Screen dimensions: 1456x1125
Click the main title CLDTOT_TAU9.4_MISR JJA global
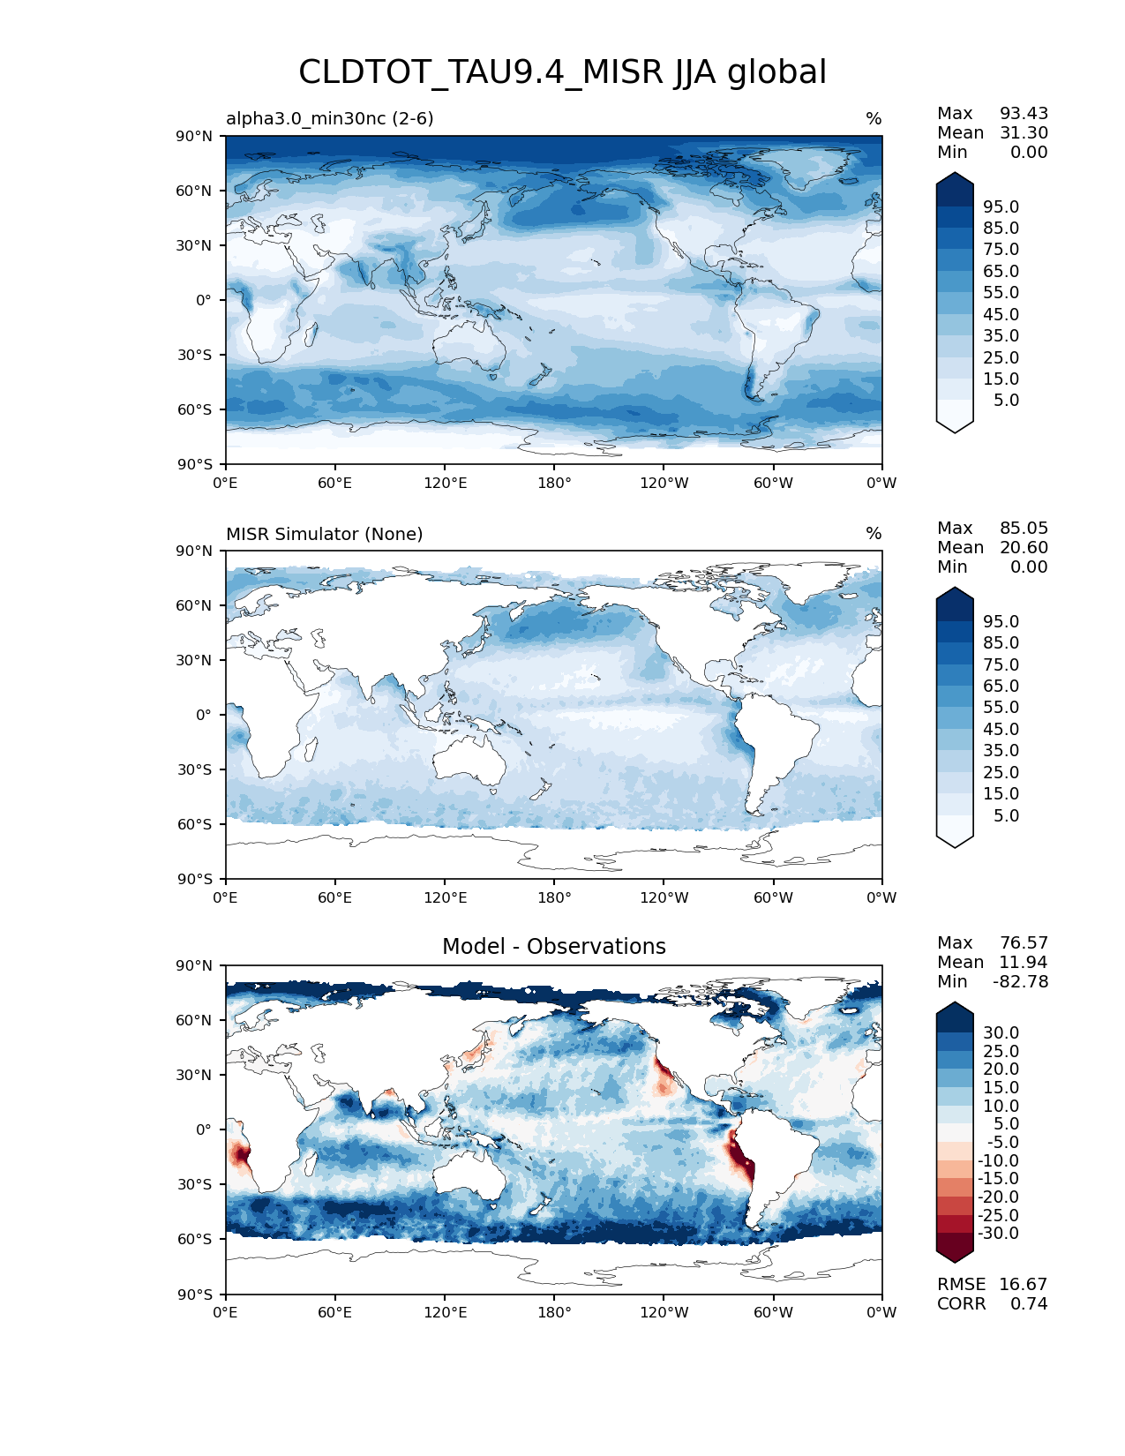562,72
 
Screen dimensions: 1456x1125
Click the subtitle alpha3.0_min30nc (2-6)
329,118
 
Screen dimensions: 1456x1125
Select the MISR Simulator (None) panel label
324,534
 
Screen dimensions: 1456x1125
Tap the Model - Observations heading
553,947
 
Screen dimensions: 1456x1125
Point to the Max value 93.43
1024,113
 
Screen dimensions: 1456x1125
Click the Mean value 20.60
1024,547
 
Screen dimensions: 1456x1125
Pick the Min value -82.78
1020,981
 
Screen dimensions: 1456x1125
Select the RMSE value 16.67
1023,1284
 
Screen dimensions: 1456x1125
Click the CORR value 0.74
1028,1303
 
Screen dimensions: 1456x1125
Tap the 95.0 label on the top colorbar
1001,206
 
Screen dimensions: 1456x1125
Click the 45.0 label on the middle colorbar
1001,729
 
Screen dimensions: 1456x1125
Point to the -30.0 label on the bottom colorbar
998,1233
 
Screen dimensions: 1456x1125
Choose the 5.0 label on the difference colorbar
1006,1123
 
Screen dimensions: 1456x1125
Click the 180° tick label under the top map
554,483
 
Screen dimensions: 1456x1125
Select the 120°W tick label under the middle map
664,897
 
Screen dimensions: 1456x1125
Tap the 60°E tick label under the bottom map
334,1312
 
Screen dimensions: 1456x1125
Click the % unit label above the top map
874,119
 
